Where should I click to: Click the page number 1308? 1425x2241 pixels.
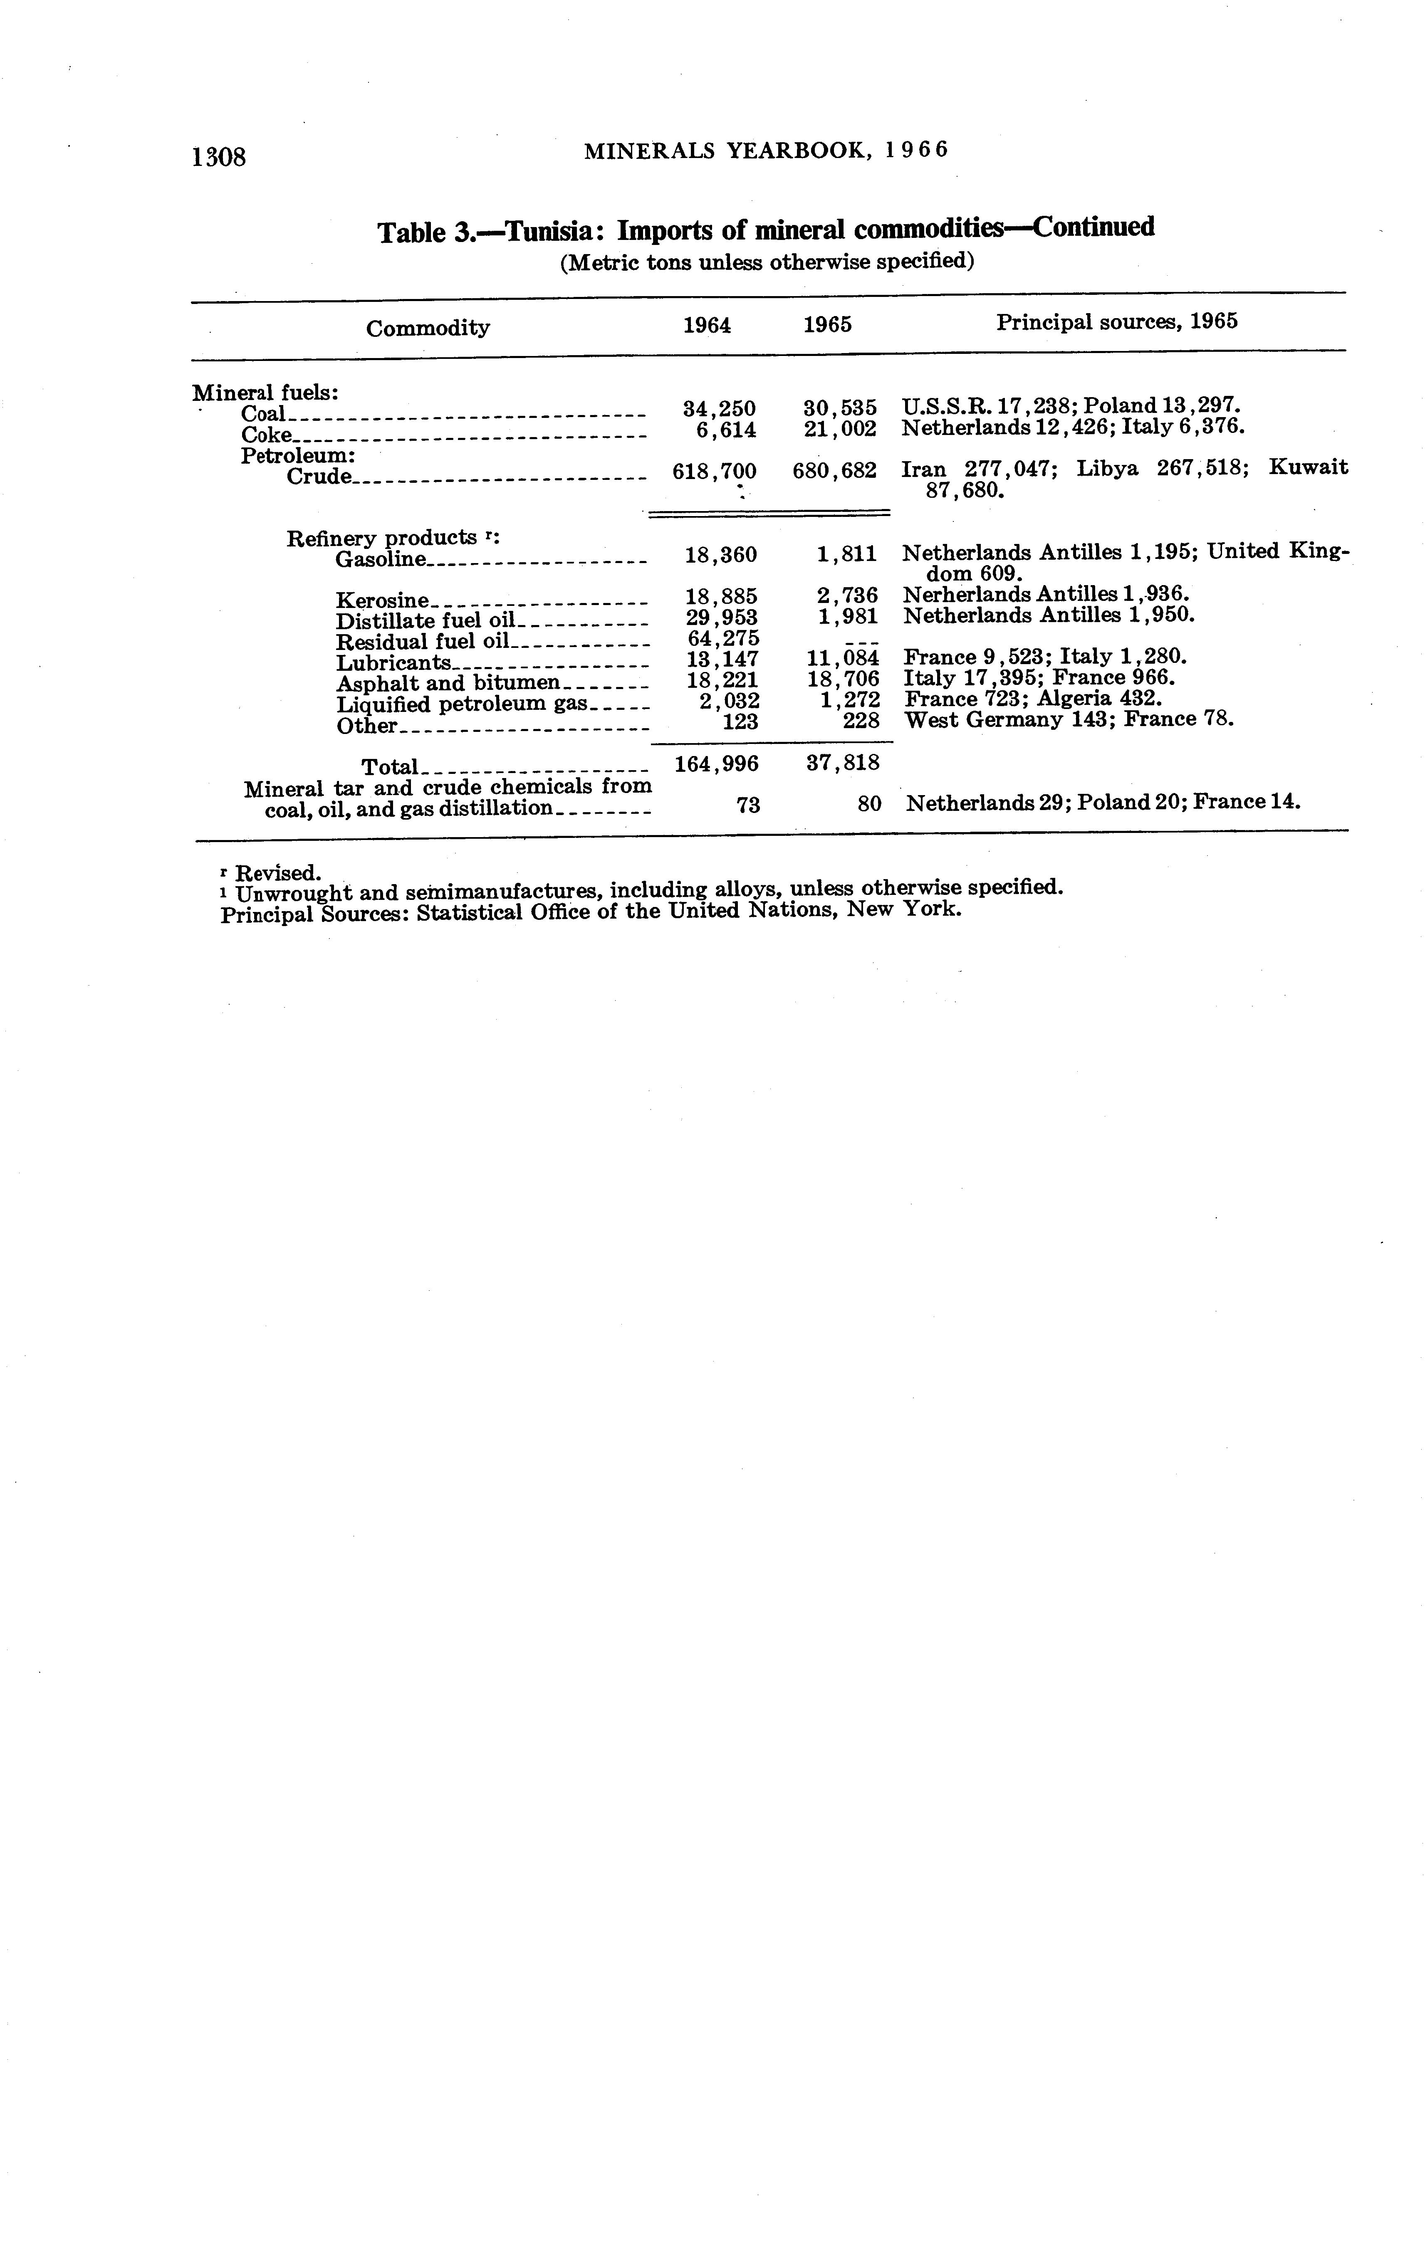(x=219, y=156)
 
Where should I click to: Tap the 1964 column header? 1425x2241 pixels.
(x=708, y=325)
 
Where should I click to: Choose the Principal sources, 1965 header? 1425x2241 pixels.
(x=1117, y=322)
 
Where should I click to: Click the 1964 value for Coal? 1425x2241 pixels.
(x=720, y=408)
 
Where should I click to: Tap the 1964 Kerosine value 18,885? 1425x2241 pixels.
(x=721, y=595)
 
